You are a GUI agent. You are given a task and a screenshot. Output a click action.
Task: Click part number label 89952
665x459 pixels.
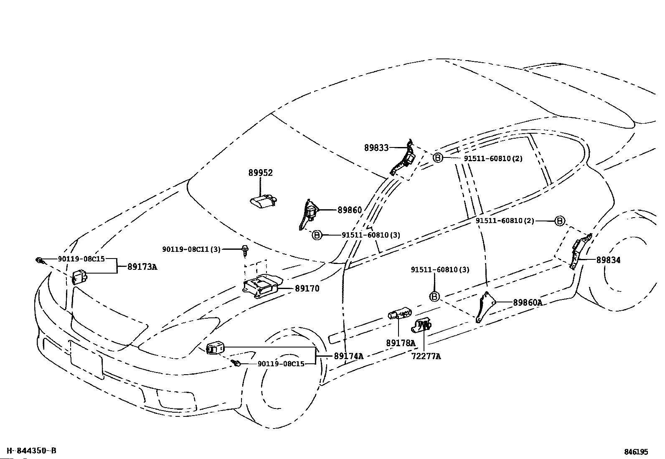260,173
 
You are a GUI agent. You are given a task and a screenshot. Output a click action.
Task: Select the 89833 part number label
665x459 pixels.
376,148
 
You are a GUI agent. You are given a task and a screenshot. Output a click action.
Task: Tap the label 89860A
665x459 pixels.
528,303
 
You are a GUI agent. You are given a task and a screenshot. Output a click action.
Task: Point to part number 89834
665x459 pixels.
608,260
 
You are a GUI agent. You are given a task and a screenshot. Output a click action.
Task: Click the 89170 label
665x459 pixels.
307,289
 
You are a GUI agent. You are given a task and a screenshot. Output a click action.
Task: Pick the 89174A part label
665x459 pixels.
348,356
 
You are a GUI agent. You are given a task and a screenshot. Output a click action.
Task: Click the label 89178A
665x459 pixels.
401,343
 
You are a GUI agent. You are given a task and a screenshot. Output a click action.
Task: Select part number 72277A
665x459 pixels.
426,356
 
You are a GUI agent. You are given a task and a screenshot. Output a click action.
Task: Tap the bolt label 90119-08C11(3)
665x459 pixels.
191,249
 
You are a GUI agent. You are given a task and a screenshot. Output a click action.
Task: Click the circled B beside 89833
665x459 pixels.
437,158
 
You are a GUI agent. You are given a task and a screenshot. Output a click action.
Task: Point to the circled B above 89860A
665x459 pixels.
434,297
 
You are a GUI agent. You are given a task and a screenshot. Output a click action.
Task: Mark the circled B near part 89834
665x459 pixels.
560,221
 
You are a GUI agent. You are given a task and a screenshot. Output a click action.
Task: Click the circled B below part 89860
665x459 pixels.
317,235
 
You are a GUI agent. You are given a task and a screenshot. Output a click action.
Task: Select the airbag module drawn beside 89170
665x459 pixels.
261,287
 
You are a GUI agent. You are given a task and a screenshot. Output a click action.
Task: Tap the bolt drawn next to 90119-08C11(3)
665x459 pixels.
244,251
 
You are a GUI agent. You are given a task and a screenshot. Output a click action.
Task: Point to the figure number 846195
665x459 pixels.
636,452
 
